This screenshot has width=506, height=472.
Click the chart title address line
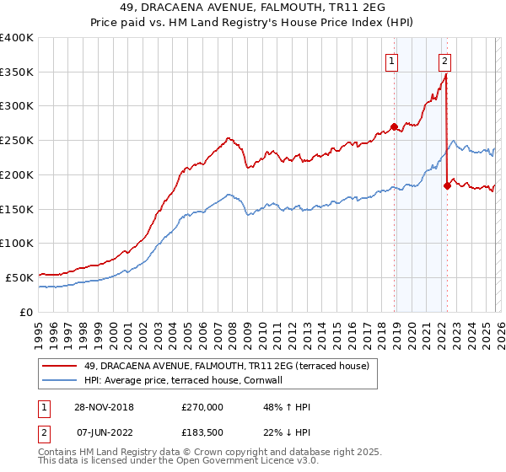[x=253, y=8]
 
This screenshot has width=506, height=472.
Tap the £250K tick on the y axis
[x=17, y=140]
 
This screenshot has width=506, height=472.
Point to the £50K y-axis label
[x=19, y=277]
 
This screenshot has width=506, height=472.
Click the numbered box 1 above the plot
[x=393, y=60]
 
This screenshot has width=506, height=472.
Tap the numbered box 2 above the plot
[x=444, y=60]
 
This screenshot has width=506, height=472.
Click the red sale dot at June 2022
[x=447, y=186]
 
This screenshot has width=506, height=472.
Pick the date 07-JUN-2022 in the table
[x=101, y=432]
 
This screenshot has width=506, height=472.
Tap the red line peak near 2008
[x=228, y=137]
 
